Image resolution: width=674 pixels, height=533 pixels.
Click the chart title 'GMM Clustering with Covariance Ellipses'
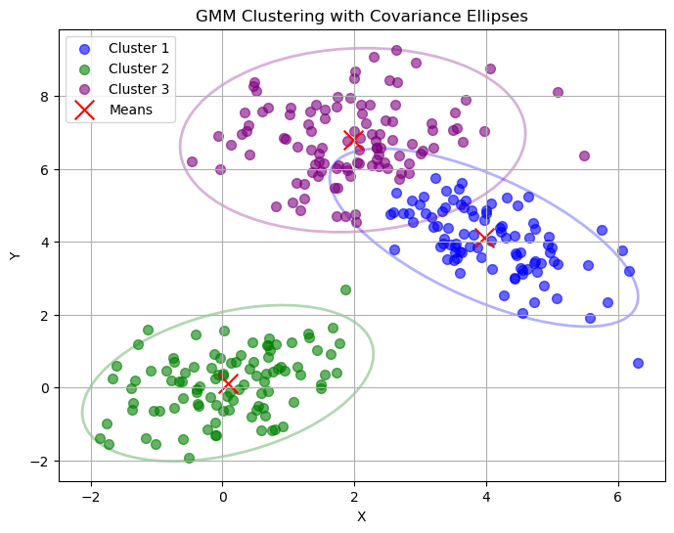[362, 16]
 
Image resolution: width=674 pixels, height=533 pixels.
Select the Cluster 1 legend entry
[138, 48]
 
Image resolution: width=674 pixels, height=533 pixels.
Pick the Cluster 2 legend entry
[138, 68]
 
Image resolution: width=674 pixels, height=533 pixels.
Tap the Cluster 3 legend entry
[138, 89]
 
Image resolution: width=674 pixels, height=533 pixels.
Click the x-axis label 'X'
[362, 516]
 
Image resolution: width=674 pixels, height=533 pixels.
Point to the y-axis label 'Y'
[14, 255]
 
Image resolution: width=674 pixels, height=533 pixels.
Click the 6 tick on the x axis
[618, 498]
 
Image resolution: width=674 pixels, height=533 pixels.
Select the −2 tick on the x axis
[91, 498]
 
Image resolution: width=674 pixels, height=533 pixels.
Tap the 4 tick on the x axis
[486, 498]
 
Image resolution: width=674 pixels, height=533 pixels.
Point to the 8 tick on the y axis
[45, 97]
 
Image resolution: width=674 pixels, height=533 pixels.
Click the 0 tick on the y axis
[45, 388]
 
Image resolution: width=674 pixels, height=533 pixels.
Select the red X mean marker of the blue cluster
[483, 238]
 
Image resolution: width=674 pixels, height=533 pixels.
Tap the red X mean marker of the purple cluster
[354, 140]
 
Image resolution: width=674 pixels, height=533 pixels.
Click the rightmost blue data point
[638, 363]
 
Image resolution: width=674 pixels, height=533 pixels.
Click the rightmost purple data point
[584, 155]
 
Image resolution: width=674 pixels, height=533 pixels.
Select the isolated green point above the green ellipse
[345, 289]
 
